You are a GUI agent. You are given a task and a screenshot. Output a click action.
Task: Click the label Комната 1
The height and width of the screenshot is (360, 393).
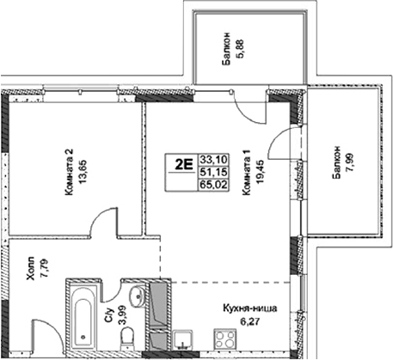tap(247, 172)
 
